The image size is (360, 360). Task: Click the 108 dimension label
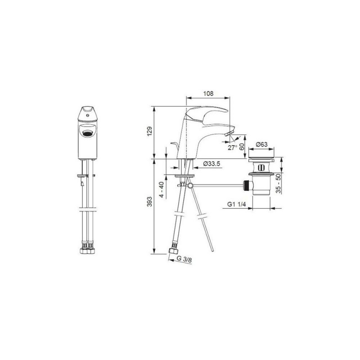[208, 94]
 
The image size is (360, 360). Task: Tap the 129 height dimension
[150, 131]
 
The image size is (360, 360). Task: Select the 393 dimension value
[150, 201]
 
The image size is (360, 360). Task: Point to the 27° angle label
[233, 148]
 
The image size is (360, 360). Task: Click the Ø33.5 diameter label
[211, 163]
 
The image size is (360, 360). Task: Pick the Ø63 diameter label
[262, 144]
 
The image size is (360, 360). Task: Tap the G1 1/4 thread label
[237, 204]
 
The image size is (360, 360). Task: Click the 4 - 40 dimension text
[162, 189]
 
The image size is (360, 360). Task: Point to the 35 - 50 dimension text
[278, 183]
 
